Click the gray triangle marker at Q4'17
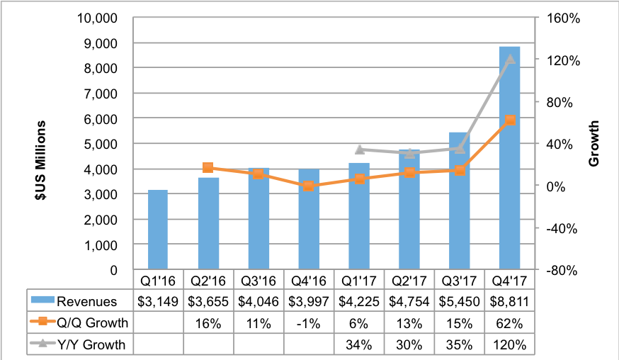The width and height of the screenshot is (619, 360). (x=510, y=59)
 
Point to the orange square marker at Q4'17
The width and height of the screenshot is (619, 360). (x=510, y=120)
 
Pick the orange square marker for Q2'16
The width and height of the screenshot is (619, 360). (x=208, y=168)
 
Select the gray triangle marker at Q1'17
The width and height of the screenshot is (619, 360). (x=359, y=150)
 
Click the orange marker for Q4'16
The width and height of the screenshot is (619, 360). (x=308, y=186)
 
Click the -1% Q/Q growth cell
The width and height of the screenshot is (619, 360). (x=309, y=323)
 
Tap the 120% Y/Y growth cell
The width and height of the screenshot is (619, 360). (x=510, y=346)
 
